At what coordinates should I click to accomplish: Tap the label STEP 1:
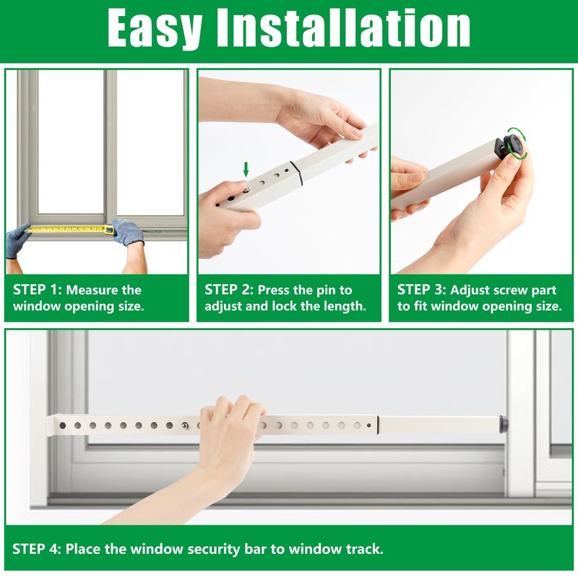[37, 290]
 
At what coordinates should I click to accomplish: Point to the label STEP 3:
[421, 290]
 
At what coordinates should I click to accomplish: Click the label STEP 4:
[37, 549]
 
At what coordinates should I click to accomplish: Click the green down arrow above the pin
[246, 170]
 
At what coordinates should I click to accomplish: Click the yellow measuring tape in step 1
[69, 230]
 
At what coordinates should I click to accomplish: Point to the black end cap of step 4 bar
[504, 424]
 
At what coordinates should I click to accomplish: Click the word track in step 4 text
[363, 549]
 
